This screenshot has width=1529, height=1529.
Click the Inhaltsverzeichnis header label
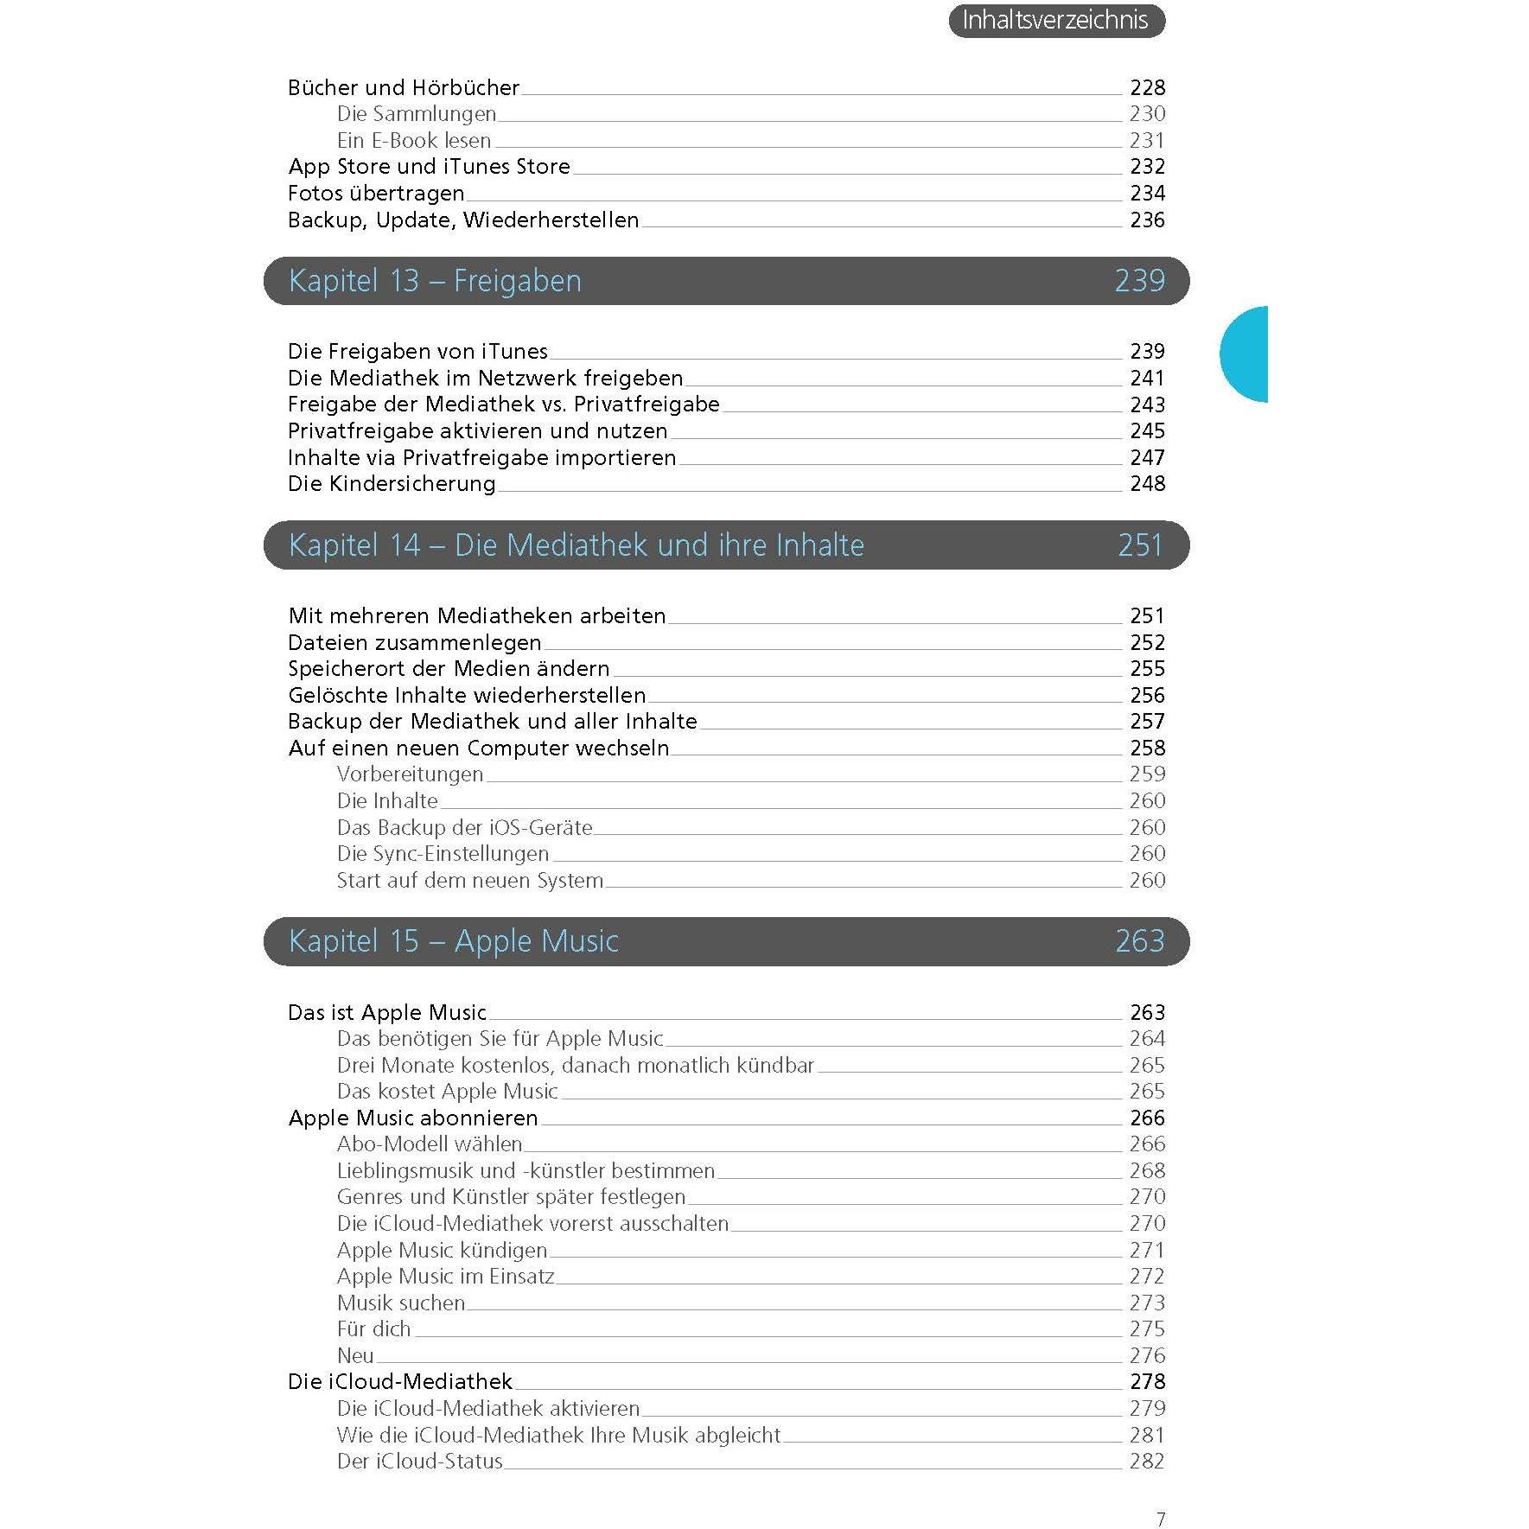pyautogui.click(x=1055, y=21)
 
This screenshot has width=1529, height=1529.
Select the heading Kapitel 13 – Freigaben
pyautogui.click(x=435, y=281)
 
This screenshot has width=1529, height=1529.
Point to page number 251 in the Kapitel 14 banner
pyautogui.click(x=1140, y=545)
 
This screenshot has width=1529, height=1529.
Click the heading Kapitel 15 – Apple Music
pyautogui.click(x=453, y=941)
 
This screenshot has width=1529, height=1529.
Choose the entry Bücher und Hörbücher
pyautogui.click(x=404, y=88)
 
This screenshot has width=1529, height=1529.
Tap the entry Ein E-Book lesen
pyautogui.click(x=414, y=141)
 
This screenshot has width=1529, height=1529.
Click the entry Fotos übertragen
pyautogui.click(x=376, y=194)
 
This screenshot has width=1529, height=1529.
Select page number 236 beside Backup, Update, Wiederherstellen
pyautogui.click(x=1147, y=220)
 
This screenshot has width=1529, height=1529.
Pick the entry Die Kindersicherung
pyautogui.click(x=392, y=484)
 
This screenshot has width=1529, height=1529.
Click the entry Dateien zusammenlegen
pyautogui.click(x=415, y=643)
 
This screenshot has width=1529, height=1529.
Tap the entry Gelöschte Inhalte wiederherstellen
pyautogui.click(x=467, y=696)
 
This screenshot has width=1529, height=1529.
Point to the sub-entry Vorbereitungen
pyautogui.click(x=410, y=774)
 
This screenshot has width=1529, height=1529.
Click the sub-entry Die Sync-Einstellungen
pyautogui.click(x=443, y=854)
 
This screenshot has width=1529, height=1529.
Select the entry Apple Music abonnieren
pyautogui.click(x=413, y=1118)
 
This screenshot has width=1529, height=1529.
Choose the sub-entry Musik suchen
pyautogui.click(x=401, y=1303)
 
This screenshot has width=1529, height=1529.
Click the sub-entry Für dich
pyautogui.click(x=373, y=1329)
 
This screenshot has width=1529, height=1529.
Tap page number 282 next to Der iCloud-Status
pyautogui.click(x=1147, y=1462)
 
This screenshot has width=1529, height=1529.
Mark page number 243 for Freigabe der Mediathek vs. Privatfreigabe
pyautogui.click(x=1147, y=405)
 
